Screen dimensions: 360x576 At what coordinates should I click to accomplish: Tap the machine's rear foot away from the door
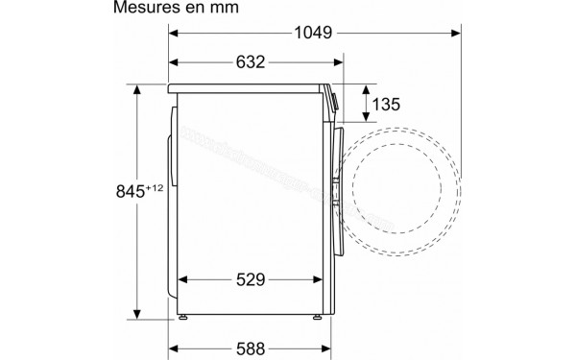point(181,316)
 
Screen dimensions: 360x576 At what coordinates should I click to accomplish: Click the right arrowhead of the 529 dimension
point(319,280)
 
